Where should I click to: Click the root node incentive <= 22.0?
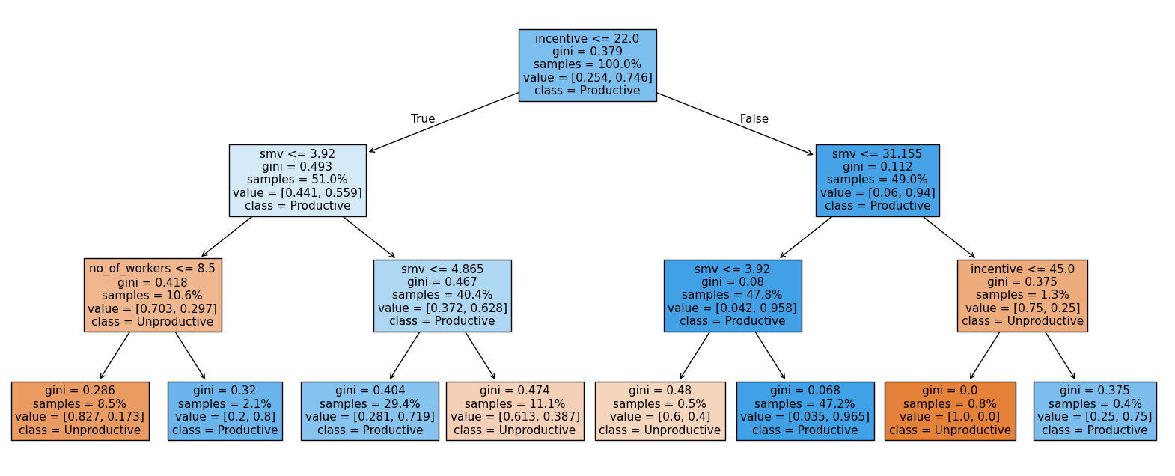pos(587,65)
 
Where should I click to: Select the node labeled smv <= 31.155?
pos(877,180)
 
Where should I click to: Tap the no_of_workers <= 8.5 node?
pos(153,296)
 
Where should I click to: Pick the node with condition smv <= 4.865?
pos(442,296)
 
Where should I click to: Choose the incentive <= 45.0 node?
pos(1022,296)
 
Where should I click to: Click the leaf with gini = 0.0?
pos(950,411)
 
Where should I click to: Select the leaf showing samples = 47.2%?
pos(805,411)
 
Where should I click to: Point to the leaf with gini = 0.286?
pos(80,411)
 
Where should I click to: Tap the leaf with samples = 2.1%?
pos(225,411)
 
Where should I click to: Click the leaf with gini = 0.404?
pos(370,411)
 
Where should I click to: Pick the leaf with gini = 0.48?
pos(660,411)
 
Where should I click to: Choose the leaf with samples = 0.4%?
pos(1095,411)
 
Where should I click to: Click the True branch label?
pos(423,119)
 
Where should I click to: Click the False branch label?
pos(754,119)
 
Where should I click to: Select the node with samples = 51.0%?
pos(297,180)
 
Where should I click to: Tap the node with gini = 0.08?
pos(733,296)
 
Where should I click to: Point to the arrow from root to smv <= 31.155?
pos(735,123)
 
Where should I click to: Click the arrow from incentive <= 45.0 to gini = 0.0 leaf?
pos(985,356)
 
